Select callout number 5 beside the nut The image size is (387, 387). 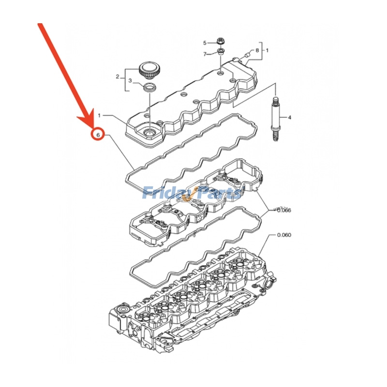[205, 43]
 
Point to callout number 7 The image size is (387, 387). [205, 53]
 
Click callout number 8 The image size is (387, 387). [257, 50]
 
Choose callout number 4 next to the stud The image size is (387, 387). [290, 118]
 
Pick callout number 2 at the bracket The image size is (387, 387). [117, 76]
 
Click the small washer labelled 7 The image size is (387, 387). [220, 52]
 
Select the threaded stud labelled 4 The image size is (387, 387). [276, 118]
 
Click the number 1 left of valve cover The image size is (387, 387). [99, 116]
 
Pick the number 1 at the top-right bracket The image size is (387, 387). [268, 50]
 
